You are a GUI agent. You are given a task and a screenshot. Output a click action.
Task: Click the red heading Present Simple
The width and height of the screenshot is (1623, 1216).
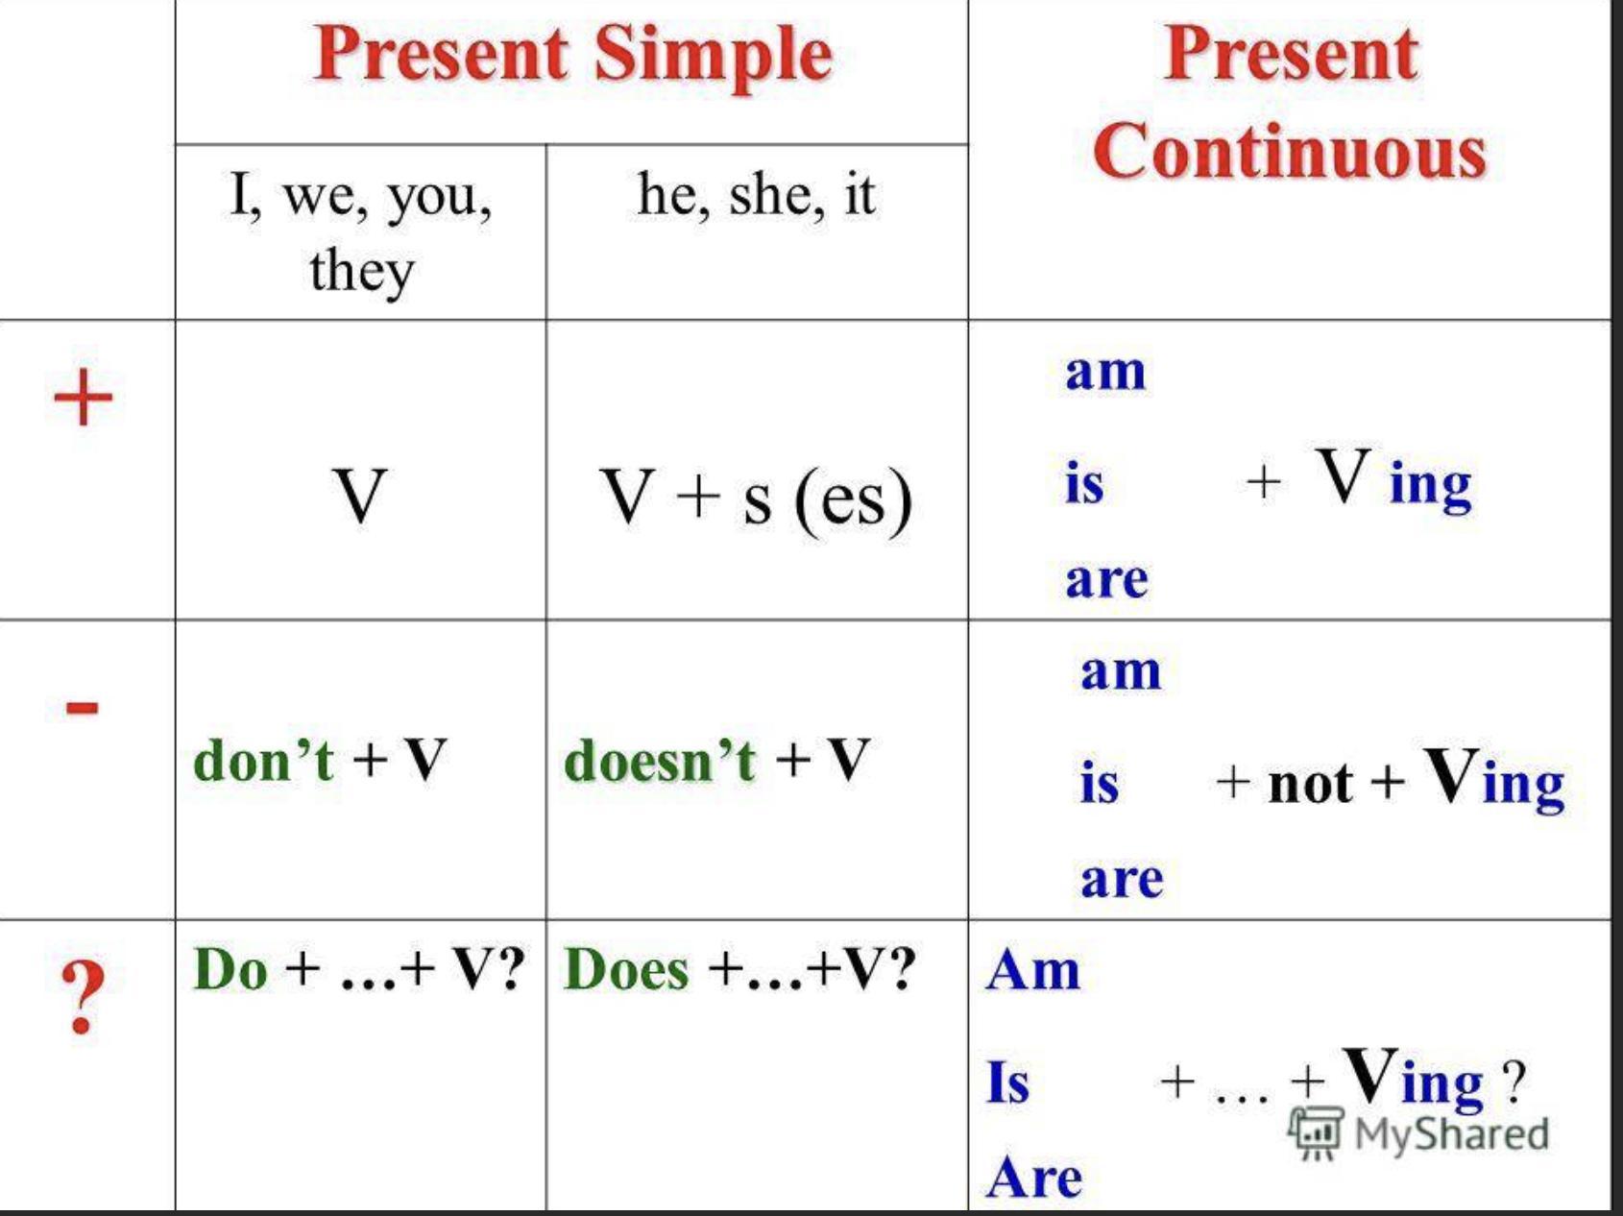pyautogui.click(x=573, y=56)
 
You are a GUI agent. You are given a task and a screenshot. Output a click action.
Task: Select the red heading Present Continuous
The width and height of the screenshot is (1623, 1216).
pyautogui.click(x=1290, y=102)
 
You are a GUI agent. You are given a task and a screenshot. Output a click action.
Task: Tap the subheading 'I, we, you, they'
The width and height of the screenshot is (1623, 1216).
pyautogui.click(x=361, y=231)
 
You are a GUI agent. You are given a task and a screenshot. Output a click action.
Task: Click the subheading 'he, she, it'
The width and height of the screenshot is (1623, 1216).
pyautogui.click(x=757, y=194)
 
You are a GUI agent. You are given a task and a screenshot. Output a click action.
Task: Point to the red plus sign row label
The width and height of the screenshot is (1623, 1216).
pyautogui.click(x=84, y=397)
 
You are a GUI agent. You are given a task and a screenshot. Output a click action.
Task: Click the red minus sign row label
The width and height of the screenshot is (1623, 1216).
pyautogui.click(x=82, y=708)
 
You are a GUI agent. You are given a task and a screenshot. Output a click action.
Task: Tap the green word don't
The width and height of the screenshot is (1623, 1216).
pyautogui.click(x=263, y=760)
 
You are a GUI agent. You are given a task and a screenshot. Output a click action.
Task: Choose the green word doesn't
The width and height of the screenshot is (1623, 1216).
pyautogui.click(x=660, y=760)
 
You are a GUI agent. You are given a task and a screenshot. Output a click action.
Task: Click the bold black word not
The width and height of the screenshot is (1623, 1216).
pyautogui.click(x=1311, y=784)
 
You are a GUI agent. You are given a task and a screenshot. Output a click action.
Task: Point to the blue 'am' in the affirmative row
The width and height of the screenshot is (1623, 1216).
pyautogui.click(x=1106, y=373)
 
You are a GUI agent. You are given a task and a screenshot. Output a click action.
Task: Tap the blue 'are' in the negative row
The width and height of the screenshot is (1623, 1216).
pyautogui.click(x=1122, y=880)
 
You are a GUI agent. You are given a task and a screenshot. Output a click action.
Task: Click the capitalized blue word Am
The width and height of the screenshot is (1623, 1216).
pyautogui.click(x=1033, y=969)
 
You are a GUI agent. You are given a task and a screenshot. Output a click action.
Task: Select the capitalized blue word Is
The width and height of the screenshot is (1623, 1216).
pyautogui.click(x=1008, y=1082)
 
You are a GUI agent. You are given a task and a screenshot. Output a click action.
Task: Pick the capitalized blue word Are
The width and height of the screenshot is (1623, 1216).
pyautogui.click(x=1034, y=1177)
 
